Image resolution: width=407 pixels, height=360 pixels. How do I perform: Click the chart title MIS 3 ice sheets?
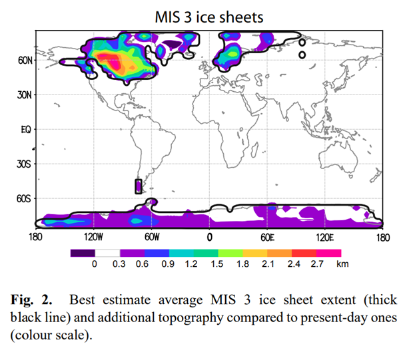tap(210, 16)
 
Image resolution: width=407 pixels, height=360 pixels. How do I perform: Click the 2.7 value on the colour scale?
tap(316, 264)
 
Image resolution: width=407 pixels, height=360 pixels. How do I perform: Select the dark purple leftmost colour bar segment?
tap(82, 253)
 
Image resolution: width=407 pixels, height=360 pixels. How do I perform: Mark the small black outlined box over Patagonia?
tap(139, 186)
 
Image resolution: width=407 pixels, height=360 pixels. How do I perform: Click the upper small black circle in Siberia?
tap(302, 43)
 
